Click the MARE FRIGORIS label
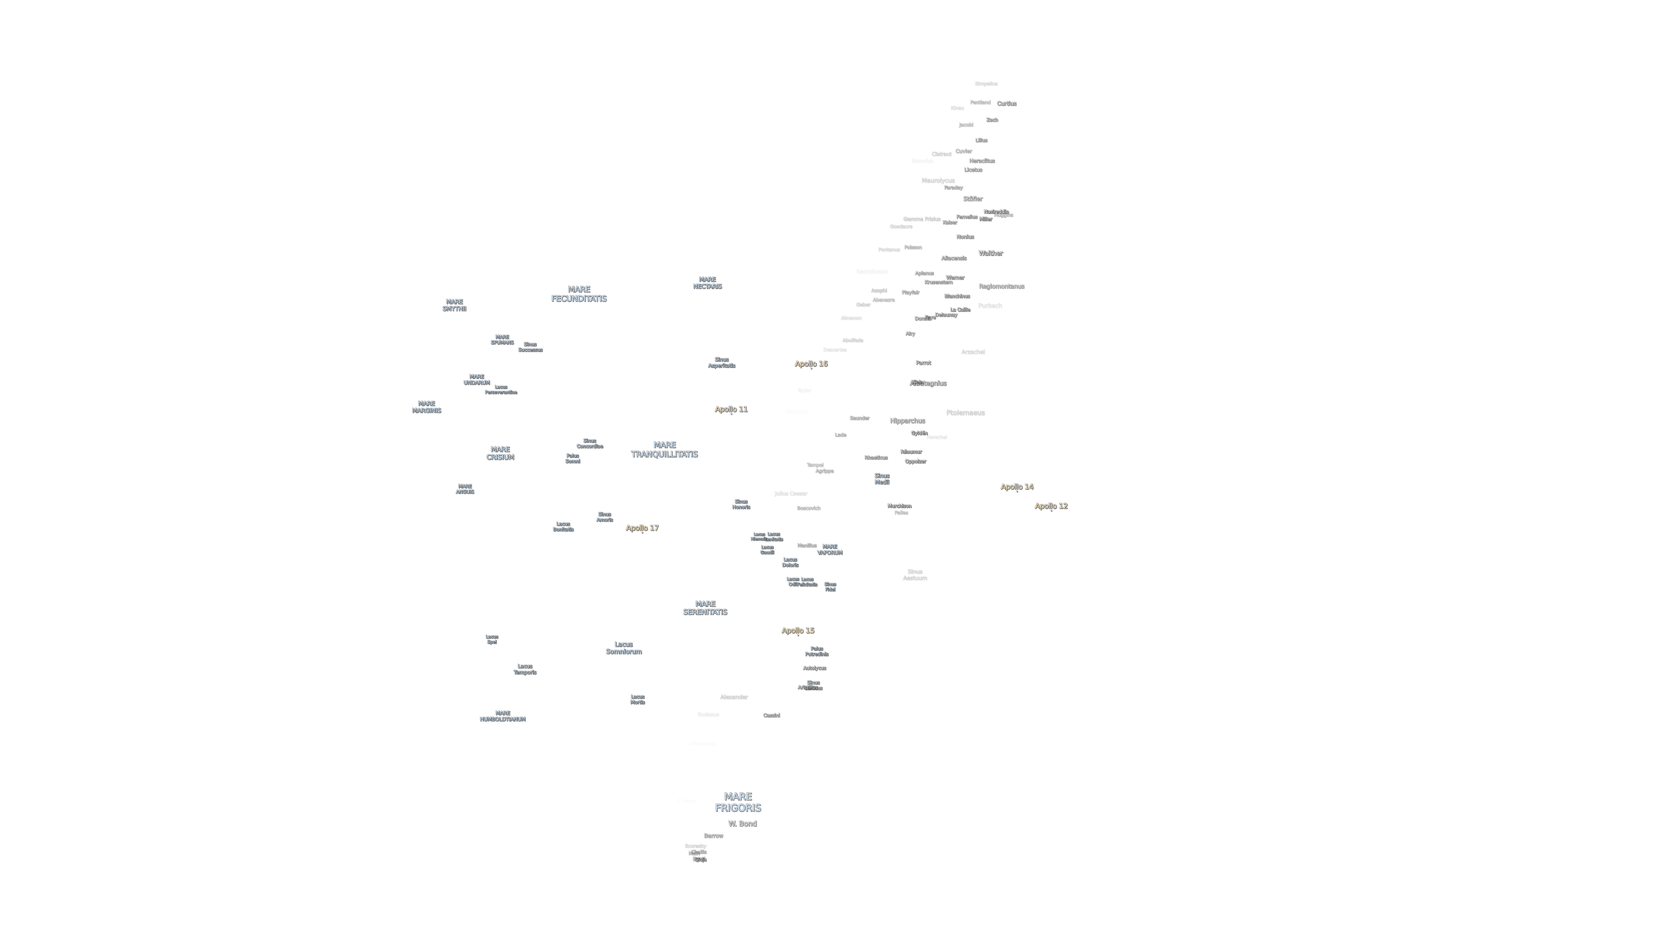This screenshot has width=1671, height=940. tap(737, 802)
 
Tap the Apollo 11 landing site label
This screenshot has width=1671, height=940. tap(731, 409)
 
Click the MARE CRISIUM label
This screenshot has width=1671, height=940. tap(500, 453)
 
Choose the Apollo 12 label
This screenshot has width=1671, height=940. tap(1051, 506)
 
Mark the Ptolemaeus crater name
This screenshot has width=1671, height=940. tap(965, 413)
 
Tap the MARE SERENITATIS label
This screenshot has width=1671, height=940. tap(705, 608)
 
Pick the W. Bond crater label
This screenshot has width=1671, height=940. tap(742, 824)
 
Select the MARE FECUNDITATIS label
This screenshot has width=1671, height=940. tap(579, 294)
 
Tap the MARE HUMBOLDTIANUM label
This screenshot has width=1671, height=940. tap(503, 716)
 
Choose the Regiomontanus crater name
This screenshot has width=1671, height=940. tap(1001, 286)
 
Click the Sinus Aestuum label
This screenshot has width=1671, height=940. tap(915, 575)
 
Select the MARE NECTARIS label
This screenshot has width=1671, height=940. tap(707, 283)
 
